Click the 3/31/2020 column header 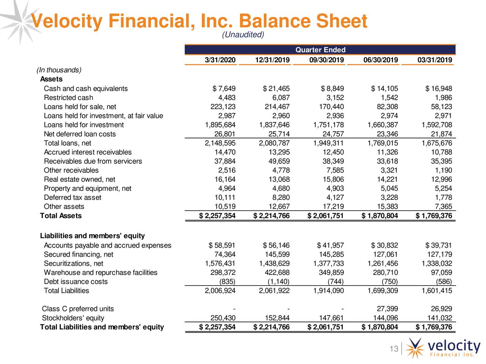220,60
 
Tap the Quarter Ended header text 320,50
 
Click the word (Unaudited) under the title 243,35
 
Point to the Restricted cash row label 68,98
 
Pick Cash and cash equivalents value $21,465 276,89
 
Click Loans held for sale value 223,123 223,107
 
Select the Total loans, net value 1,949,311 328,143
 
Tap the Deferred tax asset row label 73,198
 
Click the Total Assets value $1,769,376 434,216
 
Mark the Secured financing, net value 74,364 225,254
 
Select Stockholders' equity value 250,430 223,318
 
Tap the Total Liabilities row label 66,291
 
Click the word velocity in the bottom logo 453,346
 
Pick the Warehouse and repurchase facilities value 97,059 440,273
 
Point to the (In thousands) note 58,70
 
